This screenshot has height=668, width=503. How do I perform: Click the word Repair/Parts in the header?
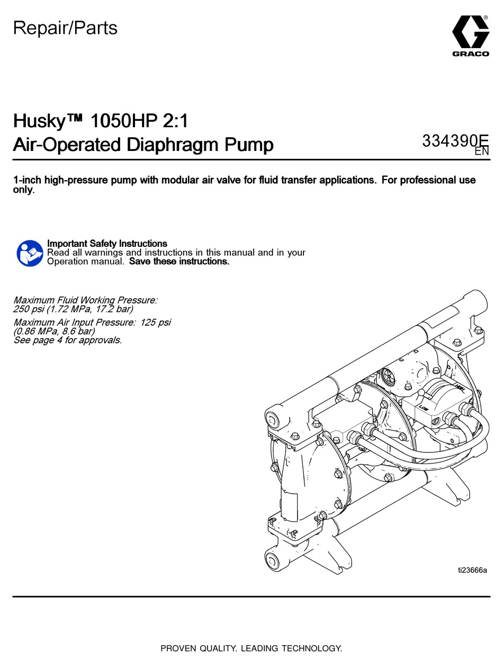(65, 28)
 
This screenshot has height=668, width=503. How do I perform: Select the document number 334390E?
(455, 140)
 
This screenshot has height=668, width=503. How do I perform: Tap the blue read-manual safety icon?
(30, 253)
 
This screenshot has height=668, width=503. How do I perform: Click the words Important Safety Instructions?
(107, 244)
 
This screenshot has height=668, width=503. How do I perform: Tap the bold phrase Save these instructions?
(179, 261)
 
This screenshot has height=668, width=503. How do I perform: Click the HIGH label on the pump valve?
(459, 387)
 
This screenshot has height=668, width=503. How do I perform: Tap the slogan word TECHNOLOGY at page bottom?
(312, 648)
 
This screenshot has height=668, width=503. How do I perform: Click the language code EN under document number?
(482, 152)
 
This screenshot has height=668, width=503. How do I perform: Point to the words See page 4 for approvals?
(68, 340)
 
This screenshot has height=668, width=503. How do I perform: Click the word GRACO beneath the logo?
(471, 54)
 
